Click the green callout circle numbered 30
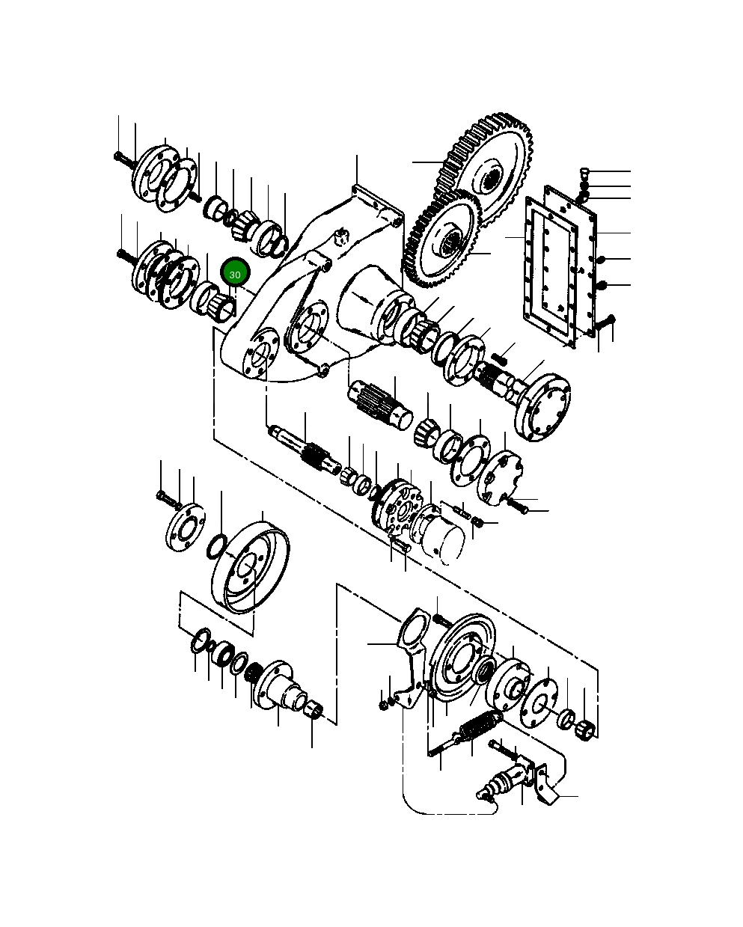pyautogui.click(x=235, y=275)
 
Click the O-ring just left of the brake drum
pyautogui.click(x=215, y=546)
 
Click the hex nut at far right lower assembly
pyautogui.click(x=587, y=728)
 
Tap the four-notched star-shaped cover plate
pyautogui.click(x=501, y=475)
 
